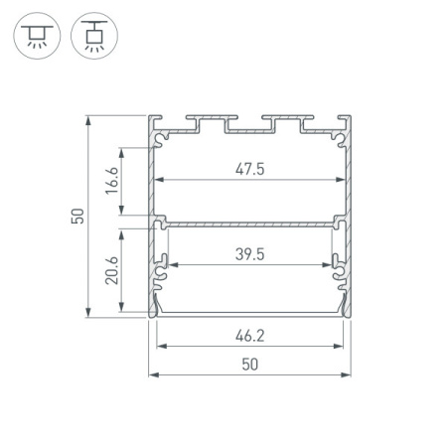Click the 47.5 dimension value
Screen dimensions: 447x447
click(x=250, y=169)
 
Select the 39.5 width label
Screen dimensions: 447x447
click(x=250, y=254)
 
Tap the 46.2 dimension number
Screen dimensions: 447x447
click(x=250, y=336)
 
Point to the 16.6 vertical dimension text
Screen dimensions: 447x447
click(x=112, y=181)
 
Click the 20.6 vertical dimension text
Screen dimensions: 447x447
click(x=112, y=270)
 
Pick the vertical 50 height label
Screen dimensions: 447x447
click(x=77, y=216)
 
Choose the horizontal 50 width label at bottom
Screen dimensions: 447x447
click(x=250, y=365)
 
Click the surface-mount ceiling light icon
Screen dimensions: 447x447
click(x=37, y=36)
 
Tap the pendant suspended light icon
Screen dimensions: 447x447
click(x=94, y=36)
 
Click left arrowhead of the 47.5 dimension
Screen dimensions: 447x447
click(x=160, y=180)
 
